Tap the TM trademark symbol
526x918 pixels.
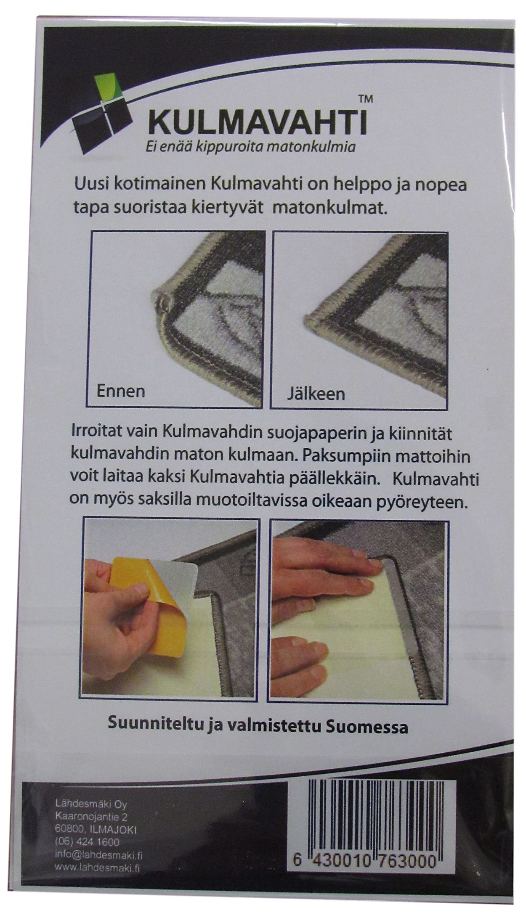[364, 100]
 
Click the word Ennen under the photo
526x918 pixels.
[121, 391]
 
